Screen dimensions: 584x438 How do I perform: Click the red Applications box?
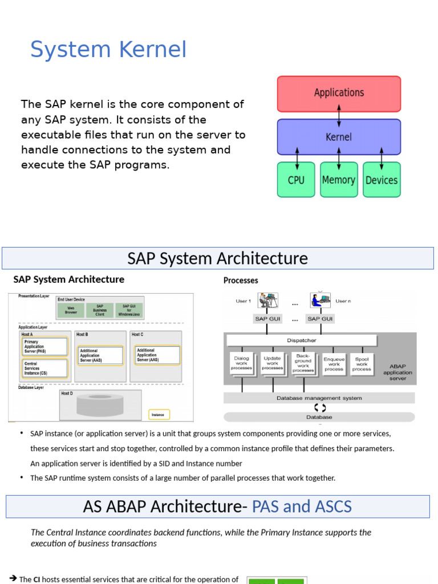339,93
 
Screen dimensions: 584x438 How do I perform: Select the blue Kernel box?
339,137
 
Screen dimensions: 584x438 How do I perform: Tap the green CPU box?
296,180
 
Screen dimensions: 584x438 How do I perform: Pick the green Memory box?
339,180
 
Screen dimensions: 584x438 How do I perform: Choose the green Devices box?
382,180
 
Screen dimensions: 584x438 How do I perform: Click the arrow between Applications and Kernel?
339,115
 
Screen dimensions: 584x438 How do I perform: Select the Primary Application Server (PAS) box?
44,346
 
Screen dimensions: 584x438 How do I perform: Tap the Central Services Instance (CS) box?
44,368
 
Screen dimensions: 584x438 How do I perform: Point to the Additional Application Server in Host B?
100,355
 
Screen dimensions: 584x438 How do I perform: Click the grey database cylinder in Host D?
100,405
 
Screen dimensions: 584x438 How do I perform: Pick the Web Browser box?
71,310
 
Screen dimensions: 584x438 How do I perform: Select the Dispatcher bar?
302,340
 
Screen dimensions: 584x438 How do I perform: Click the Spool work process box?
362,364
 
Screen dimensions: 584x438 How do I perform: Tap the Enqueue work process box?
334,364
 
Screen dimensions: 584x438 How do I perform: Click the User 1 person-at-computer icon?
267,300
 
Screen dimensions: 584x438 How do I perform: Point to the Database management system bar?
319,398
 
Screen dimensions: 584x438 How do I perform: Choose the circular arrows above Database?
320,408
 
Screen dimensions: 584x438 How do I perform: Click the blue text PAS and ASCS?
302,506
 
